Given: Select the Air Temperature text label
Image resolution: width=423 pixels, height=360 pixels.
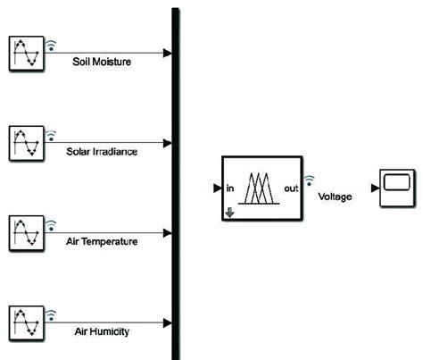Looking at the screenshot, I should click(x=102, y=242).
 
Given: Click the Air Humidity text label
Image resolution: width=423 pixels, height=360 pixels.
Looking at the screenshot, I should click(x=102, y=332).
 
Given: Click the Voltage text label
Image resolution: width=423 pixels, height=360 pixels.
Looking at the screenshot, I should click(x=335, y=197).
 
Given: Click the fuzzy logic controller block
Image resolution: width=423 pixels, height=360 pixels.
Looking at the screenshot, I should click(x=260, y=188).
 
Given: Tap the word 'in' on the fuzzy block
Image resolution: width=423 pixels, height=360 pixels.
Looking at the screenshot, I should click(x=230, y=188).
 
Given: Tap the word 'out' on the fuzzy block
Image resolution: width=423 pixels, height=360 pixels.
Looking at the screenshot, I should click(x=290, y=188).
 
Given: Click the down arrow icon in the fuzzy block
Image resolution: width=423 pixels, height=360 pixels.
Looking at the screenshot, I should click(x=228, y=213).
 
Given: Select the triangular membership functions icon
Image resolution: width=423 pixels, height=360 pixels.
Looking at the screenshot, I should click(x=261, y=188).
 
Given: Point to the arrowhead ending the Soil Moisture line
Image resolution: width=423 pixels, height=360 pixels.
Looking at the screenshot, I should click(x=168, y=52).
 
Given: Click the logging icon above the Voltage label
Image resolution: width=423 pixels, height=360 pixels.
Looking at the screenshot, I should click(x=310, y=180).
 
